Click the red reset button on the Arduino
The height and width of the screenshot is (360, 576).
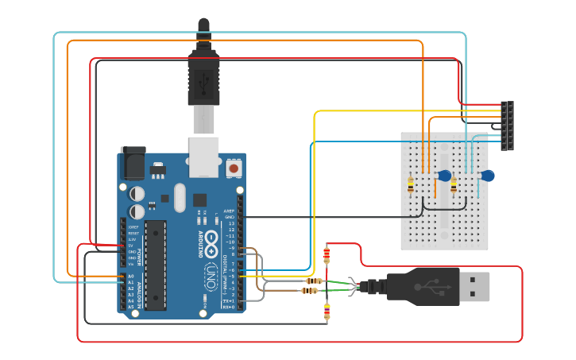[x=234, y=168]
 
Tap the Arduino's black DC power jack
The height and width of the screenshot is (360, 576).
[x=132, y=164]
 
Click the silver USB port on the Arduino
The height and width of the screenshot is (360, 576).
[x=203, y=157]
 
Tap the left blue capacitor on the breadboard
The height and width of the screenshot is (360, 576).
[x=444, y=176]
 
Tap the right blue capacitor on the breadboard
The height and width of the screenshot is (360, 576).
[x=487, y=175]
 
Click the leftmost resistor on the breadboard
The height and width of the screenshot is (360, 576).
[x=411, y=185]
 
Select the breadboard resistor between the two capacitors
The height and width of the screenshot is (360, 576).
[x=454, y=185]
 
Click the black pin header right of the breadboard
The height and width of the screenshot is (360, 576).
[x=507, y=126]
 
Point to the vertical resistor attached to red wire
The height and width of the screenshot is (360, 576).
[x=327, y=255]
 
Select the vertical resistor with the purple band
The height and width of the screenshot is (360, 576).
[x=327, y=312]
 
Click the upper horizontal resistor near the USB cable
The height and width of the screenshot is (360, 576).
[x=314, y=281]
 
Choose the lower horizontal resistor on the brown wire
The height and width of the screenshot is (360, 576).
[x=310, y=291]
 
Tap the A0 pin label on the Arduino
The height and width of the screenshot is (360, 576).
[x=130, y=276]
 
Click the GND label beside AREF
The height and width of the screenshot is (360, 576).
[x=230, y=216]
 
